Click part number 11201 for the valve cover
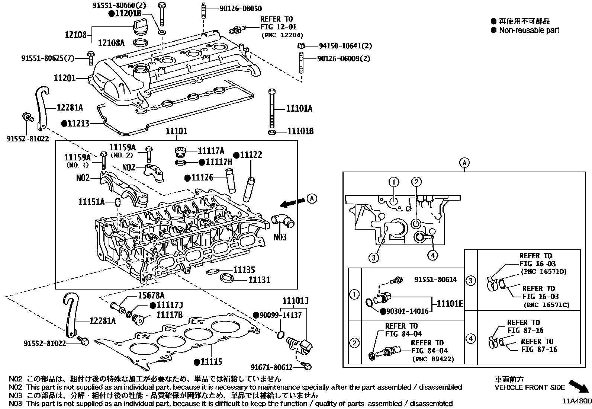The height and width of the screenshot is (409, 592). pyautogui.click(x=65, y=78)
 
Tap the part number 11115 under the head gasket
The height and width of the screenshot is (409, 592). pyautogui.click(x=211, y=361)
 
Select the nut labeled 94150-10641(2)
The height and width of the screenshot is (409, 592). pyautogui.click(x=302, y=46)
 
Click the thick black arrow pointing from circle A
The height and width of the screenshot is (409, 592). pyautogui.click(x=292, y=202)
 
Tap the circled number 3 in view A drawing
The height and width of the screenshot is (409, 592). pyautogui.click(x=374, y=257)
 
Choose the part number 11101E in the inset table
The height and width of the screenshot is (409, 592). pyautogui.click(x=450, y=304)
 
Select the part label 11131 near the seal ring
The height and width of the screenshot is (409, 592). pyautogui.click(x=259, y=280)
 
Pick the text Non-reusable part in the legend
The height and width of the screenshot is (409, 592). pyautogui.click(x=529, y=30)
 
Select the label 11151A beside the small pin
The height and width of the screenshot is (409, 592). pyautogui.click(x=91, y=202)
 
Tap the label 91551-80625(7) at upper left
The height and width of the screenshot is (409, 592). pyautogui.click(x=47, y=58)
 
